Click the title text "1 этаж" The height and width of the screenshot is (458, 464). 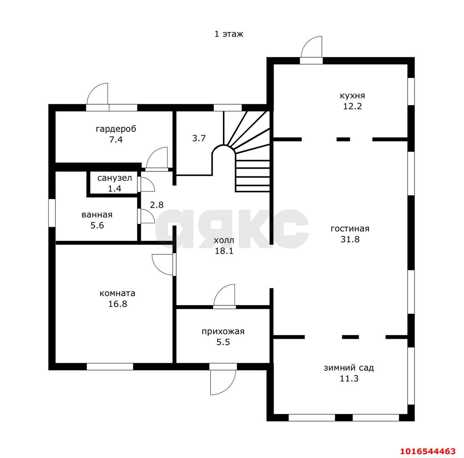click(228, 34)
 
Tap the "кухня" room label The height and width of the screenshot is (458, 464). click(352, 96)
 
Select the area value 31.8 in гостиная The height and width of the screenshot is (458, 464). click(350, 239)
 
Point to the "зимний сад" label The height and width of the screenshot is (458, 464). click(349, 374)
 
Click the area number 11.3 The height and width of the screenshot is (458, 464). click(349, 385)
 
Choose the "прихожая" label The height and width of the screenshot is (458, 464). click(223, 332)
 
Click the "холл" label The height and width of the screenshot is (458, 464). click(224, 240)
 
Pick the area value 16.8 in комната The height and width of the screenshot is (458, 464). click(117, 304)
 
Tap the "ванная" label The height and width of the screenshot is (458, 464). click(97, 215)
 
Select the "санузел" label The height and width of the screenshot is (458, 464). click(115, 178)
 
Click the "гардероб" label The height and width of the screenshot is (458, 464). click(116, 129)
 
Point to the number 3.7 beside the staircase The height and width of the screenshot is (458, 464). click(199, 138)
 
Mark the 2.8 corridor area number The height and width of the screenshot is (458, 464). click(157, 205)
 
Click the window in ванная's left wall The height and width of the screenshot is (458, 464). click(52, 213)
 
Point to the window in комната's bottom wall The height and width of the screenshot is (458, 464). click(110, 366)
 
